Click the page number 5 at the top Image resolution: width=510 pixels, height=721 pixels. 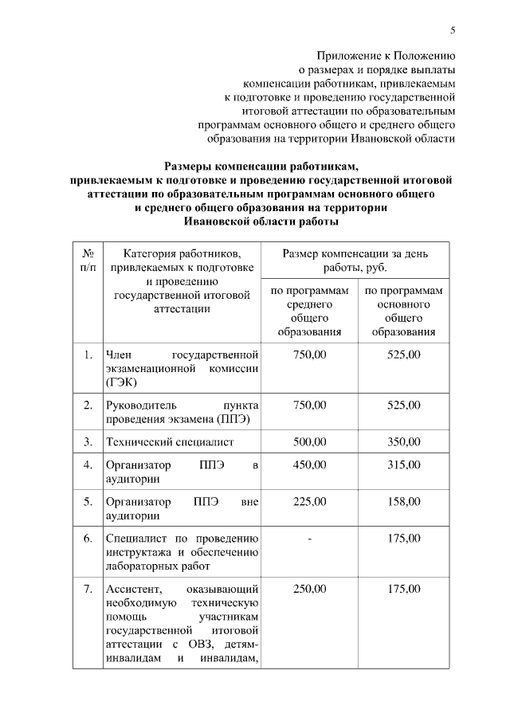click(453, 30)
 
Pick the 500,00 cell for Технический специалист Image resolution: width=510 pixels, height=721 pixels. click(310, 441)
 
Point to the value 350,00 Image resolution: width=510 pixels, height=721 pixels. click(403, 441)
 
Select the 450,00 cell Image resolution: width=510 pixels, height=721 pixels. click(310, 464)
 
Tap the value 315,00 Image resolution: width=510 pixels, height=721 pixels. click(403, 464)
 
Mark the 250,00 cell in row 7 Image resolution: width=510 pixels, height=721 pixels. click(310, 589)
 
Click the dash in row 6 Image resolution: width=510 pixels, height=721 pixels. click(310, 539)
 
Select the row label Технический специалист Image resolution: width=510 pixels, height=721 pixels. click(170, 441)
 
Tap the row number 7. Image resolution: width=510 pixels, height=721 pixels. click(88, 589)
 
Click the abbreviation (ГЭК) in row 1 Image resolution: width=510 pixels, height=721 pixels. click(120, 382)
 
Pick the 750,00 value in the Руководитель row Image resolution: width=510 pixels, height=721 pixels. click(310, 405)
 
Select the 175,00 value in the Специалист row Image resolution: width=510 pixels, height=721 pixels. click(403, 539)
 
